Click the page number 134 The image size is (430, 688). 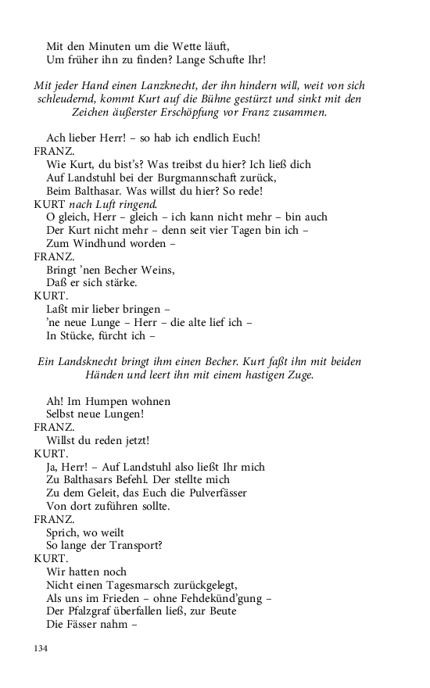click(x=41, y=649)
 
